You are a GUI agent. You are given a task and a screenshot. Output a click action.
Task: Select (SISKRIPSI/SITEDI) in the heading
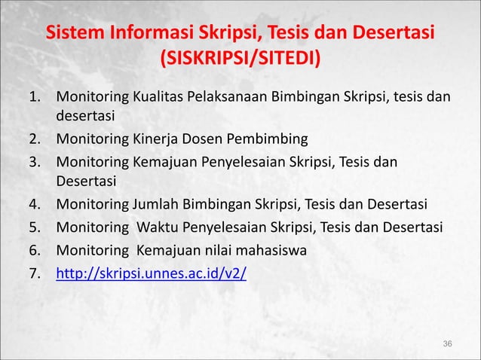click(240, 59)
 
